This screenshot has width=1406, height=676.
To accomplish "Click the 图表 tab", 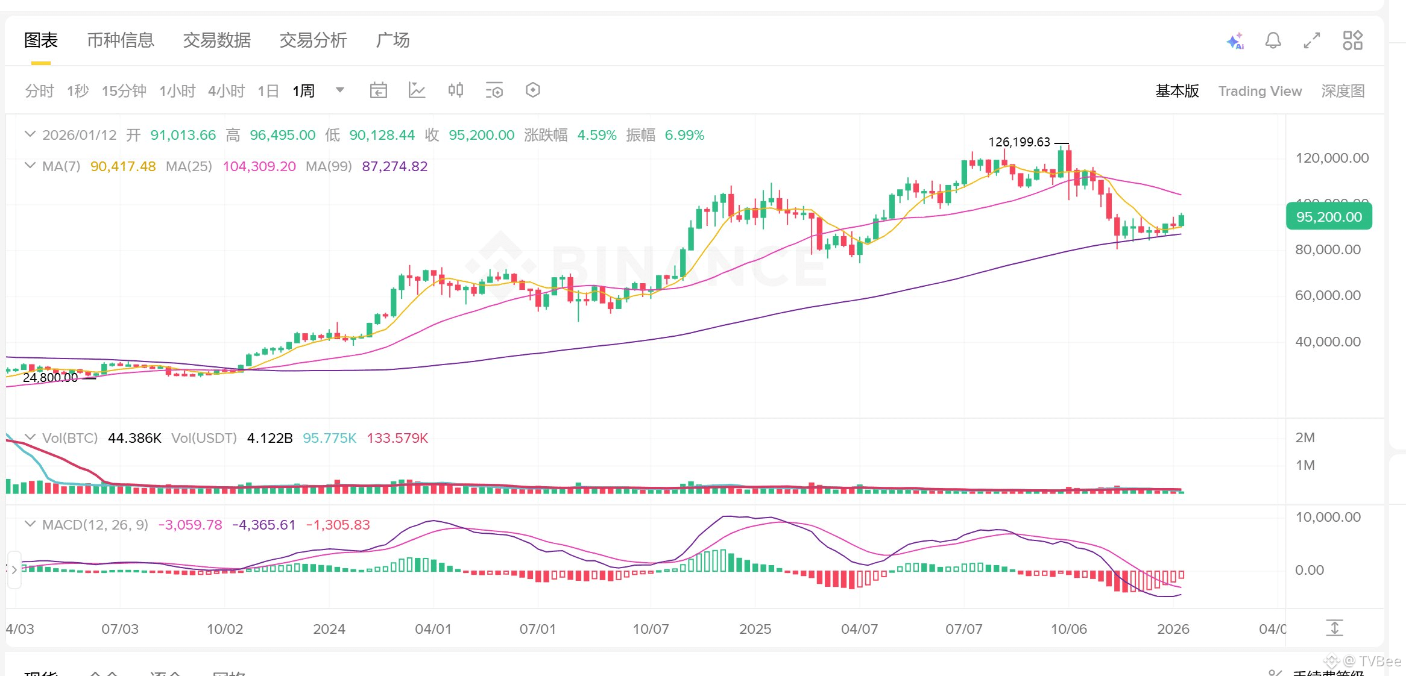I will click(x=41, y=40).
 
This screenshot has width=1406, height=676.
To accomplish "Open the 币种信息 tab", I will click(x=121, y=40).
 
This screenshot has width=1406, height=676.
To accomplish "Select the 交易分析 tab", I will click(x=313, y=40).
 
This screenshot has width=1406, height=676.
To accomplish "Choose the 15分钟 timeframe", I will click(x=124, y=91).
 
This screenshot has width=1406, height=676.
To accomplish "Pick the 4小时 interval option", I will click(x=226, y=91).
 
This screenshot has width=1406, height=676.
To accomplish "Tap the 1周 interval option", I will click(x=303, y=91).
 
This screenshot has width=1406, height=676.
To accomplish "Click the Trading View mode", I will click(x=1259, y=91).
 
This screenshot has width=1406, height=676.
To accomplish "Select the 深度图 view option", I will click(x=1343, y=91).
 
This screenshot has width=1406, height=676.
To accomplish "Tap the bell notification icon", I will click(x=1273, y=41).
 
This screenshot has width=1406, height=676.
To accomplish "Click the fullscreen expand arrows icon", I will click(x=1312, y=41).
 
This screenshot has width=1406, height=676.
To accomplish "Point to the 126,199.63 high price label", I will click(x=1019, y=142).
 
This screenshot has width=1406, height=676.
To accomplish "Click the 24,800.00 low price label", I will click(x=50, y=378).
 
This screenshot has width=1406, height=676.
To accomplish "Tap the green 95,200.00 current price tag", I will click(x=1329, y=217).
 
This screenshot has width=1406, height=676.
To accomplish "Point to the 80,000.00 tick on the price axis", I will click(x=1328, y=249).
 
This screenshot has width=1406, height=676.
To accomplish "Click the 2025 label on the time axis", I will click(x=755, y=629).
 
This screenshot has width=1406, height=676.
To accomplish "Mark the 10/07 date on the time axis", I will click(x=651, y=629).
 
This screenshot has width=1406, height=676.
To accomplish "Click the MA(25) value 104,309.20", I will click(x=259, y=166).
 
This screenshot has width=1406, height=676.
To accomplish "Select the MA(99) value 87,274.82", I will click(x=394, y=166).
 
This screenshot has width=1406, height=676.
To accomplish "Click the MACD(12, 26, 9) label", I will click(x=95, y=525).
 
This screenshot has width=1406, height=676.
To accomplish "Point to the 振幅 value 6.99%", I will click(x=684, y=135).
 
